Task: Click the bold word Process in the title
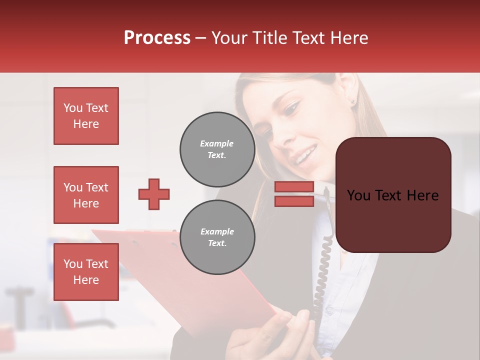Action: click(x=157, y=38)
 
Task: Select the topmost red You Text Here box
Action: click(x=86, y=116)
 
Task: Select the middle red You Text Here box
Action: click(x=86, y=195)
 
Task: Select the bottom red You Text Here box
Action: click(x=86, y=271)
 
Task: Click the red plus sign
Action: click(x=154, y=194)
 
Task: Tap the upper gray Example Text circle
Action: click(x=217, y=149)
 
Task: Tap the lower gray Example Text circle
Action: click(x=217, y=237)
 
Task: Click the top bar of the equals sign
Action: click(x=294, y=186)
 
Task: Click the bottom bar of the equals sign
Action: click(x=294, y=201)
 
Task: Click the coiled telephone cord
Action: click(x=320, y=280)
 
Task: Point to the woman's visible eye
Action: click(x=291, y=108)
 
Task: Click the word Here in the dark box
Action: click(x=422, y=195)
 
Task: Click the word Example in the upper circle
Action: click(x=216, y=143)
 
